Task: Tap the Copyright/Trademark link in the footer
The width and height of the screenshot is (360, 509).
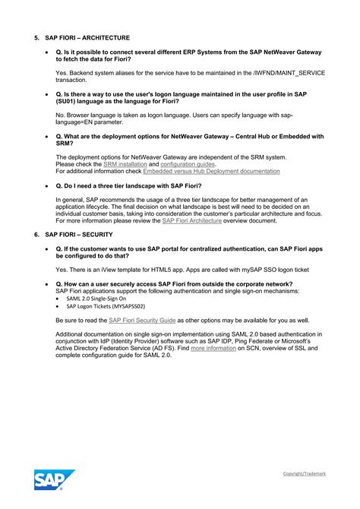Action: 305,473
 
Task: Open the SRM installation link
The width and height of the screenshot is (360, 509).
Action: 125,164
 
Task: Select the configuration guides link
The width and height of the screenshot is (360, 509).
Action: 188,164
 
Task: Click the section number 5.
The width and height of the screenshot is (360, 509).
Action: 36,37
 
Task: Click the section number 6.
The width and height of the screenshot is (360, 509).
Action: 36,235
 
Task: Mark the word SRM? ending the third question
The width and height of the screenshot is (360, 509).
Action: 65,143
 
